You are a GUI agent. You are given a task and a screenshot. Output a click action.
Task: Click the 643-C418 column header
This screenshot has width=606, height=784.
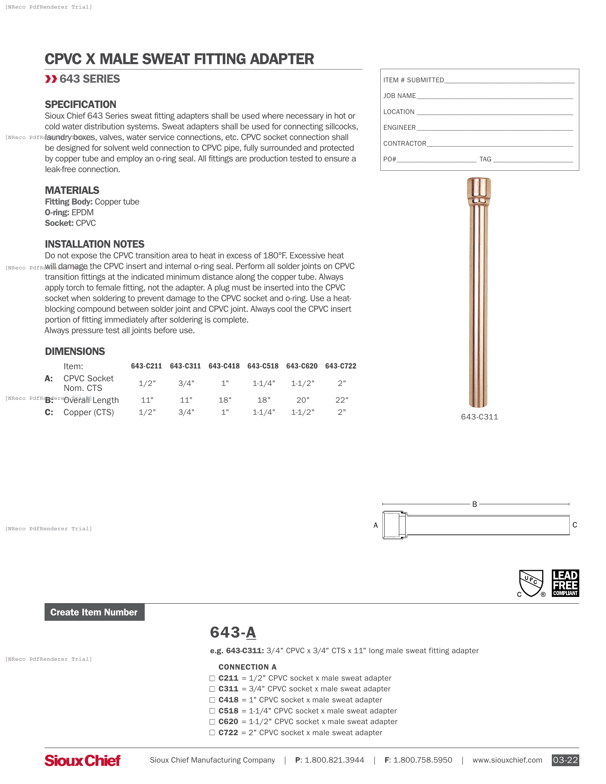pos(224,366)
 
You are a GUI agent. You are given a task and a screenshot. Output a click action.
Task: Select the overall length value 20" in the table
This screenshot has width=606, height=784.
pos(303,400)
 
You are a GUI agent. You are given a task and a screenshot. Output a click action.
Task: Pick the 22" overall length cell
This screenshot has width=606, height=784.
pos(341,400)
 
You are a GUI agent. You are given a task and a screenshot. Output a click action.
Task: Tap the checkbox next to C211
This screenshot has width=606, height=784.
pos(212,678)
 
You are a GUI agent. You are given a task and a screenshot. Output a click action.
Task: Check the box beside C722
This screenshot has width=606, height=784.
pos(212,733)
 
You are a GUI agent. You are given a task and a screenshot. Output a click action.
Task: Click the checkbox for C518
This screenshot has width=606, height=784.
pos(212,711)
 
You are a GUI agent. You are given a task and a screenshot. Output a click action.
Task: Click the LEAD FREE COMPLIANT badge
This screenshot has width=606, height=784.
pos(565,583)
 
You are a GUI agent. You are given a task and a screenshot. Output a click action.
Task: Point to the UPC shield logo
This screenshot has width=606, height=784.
pos(531,583)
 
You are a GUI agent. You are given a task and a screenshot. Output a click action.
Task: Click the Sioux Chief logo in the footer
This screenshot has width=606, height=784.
pos(82,760)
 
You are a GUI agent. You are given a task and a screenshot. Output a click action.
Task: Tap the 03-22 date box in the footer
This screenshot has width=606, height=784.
pos(565,760)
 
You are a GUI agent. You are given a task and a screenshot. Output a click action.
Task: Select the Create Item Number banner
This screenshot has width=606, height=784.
pos(94,612)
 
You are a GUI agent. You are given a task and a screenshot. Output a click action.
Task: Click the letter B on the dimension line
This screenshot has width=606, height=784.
pos(474,504)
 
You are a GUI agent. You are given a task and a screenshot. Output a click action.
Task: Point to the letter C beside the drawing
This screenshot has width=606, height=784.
pos(574,525)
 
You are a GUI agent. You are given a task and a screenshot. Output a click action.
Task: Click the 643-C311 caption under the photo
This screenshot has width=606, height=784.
pos(479,417)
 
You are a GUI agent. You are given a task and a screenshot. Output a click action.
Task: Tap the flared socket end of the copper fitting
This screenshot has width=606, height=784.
pos(479,190)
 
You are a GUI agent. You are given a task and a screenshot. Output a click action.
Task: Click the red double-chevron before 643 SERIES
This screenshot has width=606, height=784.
pos(51,79)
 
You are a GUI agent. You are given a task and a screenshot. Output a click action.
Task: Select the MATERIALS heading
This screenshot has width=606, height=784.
pos(72,190)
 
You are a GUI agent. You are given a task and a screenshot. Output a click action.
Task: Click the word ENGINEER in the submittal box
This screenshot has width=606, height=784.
pos(399,128)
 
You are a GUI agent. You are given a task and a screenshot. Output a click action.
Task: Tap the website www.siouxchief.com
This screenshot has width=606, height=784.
pos(507,760)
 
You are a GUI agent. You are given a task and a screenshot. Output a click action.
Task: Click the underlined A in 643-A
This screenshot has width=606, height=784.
pos(251,633)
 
